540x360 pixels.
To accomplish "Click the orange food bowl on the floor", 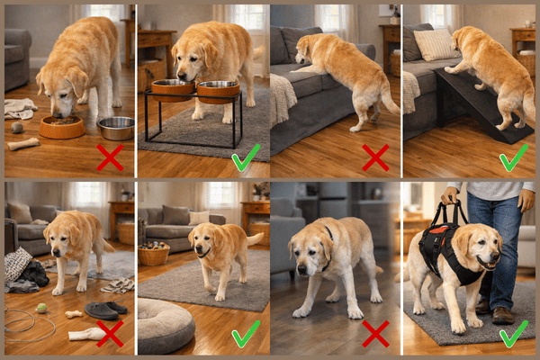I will point(62,127).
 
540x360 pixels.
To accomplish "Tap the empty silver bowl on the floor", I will point(116,128).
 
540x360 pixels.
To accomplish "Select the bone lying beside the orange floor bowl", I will point(23,144).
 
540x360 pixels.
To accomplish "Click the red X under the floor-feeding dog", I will point(110,158).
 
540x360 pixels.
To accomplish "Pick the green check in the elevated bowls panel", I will point(244,159).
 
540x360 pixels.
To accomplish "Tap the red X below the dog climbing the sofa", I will point(375,158).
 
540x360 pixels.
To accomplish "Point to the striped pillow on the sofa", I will point(436,44).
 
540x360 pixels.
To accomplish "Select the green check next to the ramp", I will point(514,158).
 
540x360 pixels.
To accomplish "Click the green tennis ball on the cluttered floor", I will point(41,308).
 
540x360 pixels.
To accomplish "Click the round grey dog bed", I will point(166,325).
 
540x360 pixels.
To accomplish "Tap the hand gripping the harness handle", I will point(450,195).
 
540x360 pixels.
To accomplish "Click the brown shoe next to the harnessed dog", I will point(502,314).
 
